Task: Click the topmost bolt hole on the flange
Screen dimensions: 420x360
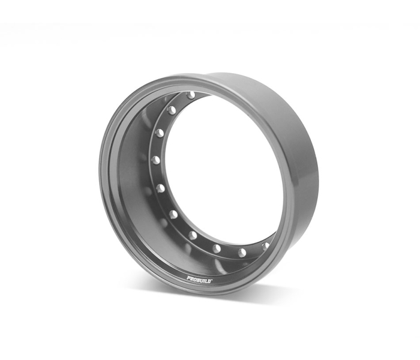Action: tap(191, 95)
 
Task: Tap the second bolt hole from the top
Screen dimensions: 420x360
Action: tap(172, 110)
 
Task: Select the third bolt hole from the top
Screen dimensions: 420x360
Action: tap(160, 133)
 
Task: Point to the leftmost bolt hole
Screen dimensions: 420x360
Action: tap(156, 160)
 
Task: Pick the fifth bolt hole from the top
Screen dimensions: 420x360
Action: tap(160, 188)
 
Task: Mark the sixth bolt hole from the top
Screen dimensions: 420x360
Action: tap(174, 214)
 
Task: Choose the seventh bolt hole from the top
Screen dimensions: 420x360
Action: tap(193, 235)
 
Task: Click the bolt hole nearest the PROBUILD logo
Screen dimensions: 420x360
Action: tap(217, 248)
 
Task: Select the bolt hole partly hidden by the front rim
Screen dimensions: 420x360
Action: tap(265, 245)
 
